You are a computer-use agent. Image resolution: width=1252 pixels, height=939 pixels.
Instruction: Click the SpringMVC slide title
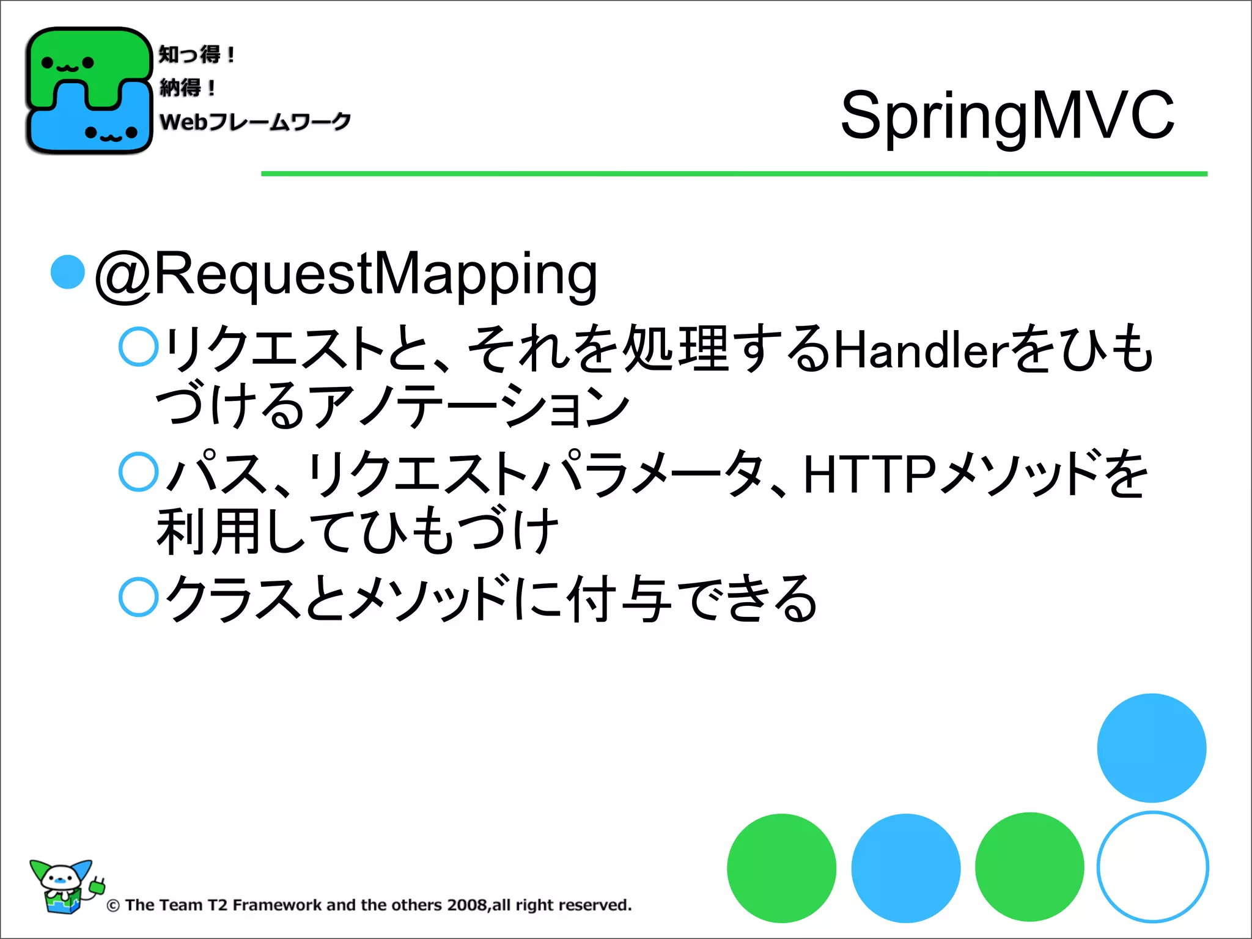click(x=1007, y=115)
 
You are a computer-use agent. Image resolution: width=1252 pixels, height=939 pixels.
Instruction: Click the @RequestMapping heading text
click(x=346, y=274)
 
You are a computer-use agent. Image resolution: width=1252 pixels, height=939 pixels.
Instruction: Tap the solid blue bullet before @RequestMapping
click(x=67, y=271)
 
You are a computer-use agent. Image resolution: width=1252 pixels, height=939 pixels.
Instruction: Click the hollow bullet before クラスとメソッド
click(x=139, y=597)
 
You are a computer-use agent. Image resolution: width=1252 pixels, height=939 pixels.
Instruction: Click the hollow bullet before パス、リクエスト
click(x=139, y=472)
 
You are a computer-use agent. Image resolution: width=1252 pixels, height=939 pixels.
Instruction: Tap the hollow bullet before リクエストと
click(x=139, y=347)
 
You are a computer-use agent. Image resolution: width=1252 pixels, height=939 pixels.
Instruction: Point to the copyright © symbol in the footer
click(x=113, y=905)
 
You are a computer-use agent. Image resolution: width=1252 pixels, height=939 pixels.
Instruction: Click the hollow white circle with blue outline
click(x=1152, y=867)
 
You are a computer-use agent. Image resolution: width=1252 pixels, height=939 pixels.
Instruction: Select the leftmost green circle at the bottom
click(x=781, y=868)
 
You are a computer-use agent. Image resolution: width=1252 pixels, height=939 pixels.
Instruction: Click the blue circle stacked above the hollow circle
click(x=1152, y=748)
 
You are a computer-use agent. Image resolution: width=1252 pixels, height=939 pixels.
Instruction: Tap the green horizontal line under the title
click(x=734, y=174)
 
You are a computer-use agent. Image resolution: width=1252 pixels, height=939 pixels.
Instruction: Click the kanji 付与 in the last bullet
click(x=617, y=599)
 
